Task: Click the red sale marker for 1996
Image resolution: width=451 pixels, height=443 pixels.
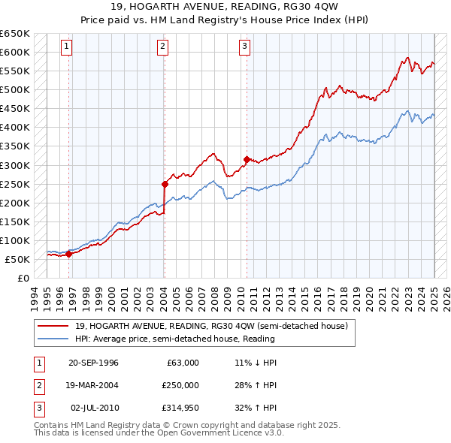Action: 68,254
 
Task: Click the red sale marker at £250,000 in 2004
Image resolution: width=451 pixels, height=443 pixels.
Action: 165,183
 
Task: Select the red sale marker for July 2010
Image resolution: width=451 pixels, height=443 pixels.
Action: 246,159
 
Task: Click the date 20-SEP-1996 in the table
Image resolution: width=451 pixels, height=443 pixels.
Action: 93,363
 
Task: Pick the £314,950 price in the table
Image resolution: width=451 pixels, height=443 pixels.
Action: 178,409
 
